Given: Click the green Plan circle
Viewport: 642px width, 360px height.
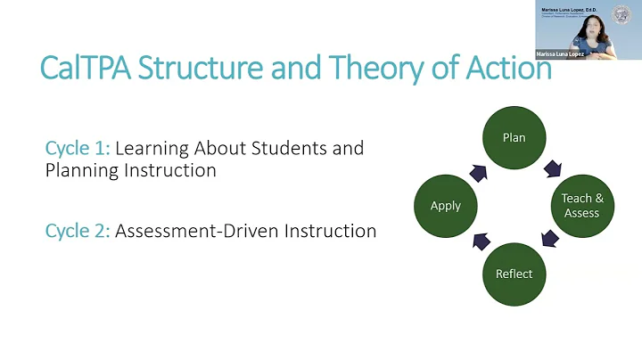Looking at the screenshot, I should (x=514, y=137).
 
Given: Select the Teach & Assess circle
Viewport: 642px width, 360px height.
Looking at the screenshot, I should (x=581, y=205).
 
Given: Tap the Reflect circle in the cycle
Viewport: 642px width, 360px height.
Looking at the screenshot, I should (x=514, y=273).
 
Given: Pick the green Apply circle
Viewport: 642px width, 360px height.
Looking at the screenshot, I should (x=446, y=205).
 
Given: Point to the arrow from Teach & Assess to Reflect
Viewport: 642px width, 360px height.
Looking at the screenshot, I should (x=550, y=239).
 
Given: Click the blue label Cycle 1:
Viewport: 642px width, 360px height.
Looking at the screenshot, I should (x=78, y=148).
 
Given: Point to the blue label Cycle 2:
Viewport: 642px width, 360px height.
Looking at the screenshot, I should (x=78, y=231).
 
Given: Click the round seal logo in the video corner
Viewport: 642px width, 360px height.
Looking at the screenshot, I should (x=622, y=14).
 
